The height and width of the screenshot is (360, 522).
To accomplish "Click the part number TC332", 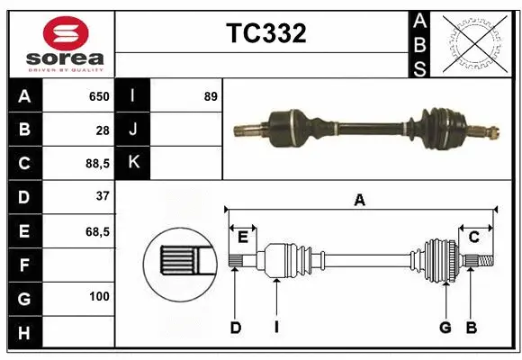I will click(265, 33).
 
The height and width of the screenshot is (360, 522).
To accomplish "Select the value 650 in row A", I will click(98, 96).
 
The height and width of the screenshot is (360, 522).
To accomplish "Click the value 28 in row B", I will click(103, 130).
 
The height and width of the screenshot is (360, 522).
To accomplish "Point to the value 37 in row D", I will click(102, 196).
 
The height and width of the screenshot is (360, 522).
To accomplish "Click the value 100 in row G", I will click(99, 296).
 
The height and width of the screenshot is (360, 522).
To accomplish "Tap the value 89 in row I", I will click(211, 96).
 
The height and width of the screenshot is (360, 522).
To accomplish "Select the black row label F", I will click(23, 265).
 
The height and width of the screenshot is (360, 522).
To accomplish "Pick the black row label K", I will click(133, 163).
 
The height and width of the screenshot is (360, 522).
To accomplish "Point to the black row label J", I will click(133, 130).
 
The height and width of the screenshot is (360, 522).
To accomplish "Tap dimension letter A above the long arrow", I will click(360, 200).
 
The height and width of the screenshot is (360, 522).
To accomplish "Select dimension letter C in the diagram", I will click(473, 238).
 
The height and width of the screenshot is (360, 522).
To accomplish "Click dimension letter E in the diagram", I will click(243, 238).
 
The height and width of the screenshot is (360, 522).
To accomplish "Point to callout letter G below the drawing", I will click(445, 328).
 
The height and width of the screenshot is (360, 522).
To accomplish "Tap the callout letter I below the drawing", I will click(277, 328).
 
